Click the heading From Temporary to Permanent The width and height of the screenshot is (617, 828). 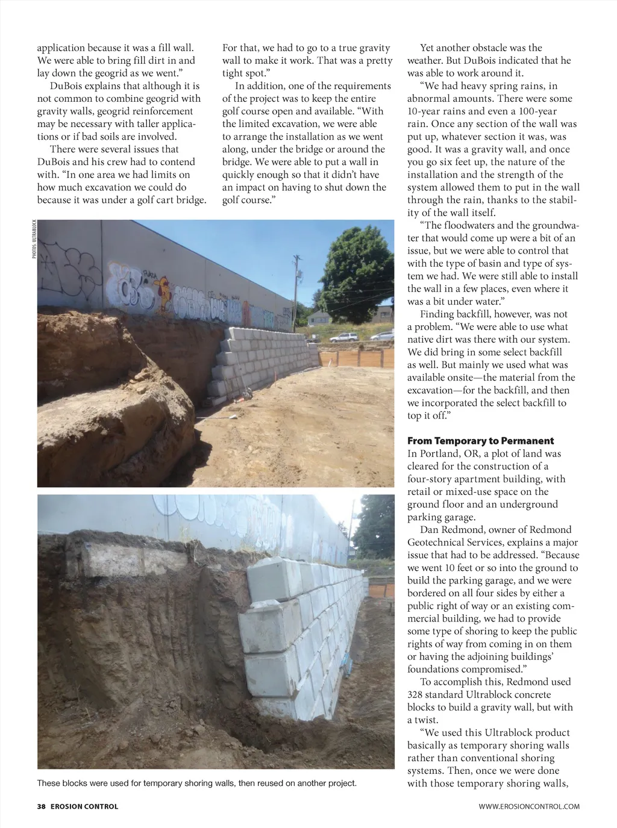(480, 441)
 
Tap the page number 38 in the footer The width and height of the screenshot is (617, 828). (42, 806)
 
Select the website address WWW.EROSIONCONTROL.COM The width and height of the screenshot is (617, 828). (529, 806)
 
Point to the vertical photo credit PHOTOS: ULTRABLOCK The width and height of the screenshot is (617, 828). (34, 239)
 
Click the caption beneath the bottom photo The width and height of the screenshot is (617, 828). (196, 783)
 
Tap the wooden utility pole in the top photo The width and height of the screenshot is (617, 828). (296, 283)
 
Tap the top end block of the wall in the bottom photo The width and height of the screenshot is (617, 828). (274, 577)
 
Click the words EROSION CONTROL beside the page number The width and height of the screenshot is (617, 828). (85, 806)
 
